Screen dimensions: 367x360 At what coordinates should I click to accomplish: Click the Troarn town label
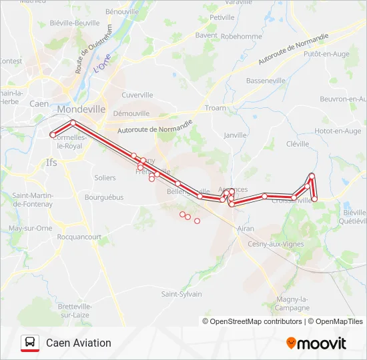pyautogui.click(x=216, y=108)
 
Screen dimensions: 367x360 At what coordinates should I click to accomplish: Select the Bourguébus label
pyautogui.click(x=104, y=197)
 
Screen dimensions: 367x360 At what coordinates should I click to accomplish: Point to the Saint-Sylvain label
pyautogui.click(x=181, y=294)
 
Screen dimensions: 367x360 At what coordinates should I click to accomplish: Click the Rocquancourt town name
pyautogui.click(x=79, y=237)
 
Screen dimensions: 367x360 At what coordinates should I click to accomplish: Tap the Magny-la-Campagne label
pyautogui.click(x=291, y=303)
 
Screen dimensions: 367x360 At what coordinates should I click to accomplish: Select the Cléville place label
pyautogui.click(x=298, y=143)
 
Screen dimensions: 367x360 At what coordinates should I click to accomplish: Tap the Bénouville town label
pyautogui.click(x=122, y=12)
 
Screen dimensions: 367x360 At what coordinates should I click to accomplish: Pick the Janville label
pyautogui.click(x=235, y=135)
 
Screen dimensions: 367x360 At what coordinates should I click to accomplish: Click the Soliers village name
pyautogui.click(x=105, y=178)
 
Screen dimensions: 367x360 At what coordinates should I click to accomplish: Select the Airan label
pyautogui.click(x=246, y=228)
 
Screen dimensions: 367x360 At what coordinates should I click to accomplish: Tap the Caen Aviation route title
pyautogui.click(x=79, y=343)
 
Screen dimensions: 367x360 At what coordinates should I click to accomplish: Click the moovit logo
pyautogui.click(x=316, y=343)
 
